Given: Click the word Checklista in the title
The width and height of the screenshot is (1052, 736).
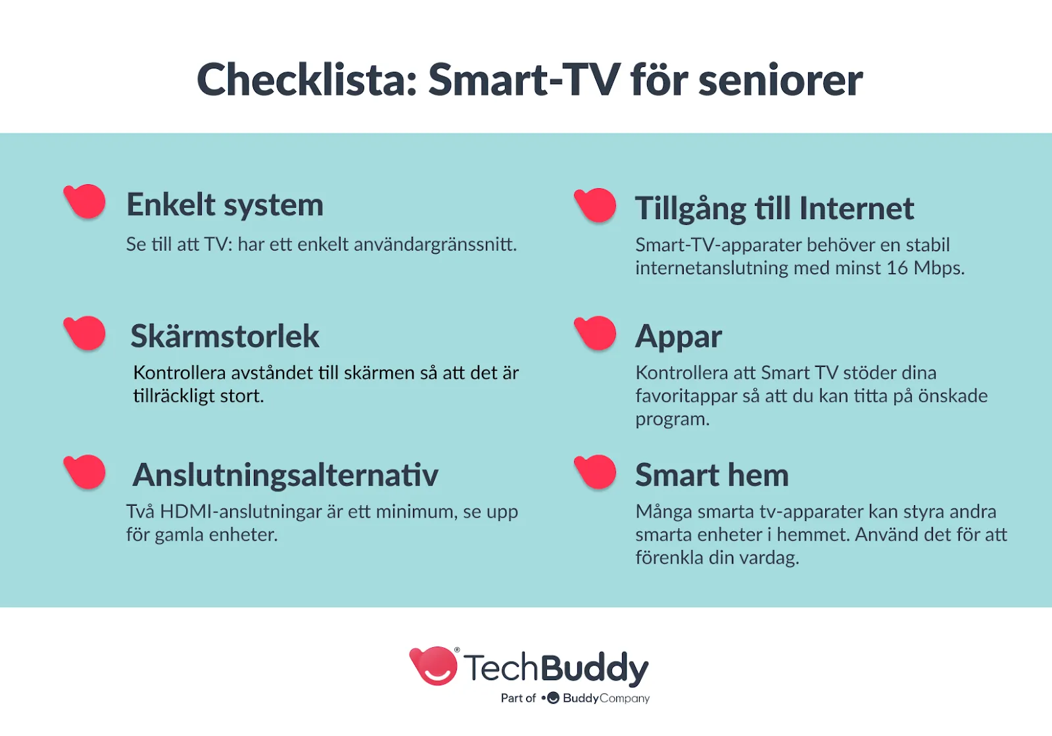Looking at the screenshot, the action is tap(306, 80).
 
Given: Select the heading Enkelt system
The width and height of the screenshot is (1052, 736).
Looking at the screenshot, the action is tap(225, 205).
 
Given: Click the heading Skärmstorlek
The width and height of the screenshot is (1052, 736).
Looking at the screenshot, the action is tap(225, 336).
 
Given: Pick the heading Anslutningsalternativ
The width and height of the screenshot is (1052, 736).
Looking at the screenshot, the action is tap(285, 475).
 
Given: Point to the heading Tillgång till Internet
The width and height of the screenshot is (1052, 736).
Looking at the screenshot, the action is tap(775, 208).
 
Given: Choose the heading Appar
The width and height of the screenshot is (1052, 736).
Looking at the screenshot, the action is tap(679, 337).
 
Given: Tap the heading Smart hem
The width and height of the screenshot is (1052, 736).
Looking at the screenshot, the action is tap(712, 475).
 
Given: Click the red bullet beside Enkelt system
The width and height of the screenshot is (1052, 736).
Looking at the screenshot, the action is tap(85, 201).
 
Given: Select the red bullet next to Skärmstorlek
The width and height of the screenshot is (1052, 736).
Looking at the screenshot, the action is tap(85, 333).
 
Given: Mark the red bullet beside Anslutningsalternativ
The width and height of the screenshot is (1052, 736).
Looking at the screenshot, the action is tap(85, 472).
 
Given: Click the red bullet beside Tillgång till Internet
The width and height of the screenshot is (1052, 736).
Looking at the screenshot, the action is tap(595, 205).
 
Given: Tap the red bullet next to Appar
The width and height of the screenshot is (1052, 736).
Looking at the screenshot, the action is tap(595, 333).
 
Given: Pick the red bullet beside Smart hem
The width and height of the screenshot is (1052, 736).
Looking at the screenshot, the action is tap(595, 472).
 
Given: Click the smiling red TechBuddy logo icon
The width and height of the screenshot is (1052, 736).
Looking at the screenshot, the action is tap(433, 666).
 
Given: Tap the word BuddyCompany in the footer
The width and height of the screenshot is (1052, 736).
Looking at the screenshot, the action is tap(606, 699).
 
